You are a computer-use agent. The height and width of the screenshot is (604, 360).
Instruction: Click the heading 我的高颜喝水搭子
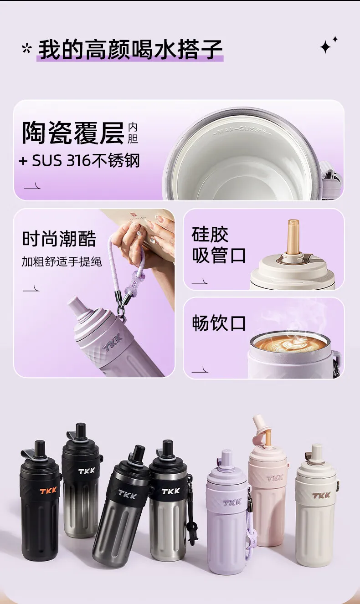click(130, 49)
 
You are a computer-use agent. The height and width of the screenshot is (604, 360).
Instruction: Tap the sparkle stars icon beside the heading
click(328, 45)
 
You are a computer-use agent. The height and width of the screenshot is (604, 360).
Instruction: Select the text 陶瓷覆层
click(73, 133)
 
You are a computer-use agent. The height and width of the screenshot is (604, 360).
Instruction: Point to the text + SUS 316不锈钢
click(79, 160)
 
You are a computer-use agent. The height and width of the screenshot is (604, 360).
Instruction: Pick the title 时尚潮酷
click(59, 239)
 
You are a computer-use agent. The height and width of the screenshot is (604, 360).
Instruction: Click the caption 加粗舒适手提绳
click(62, 261)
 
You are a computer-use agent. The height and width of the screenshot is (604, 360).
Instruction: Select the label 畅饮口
click(219, 323)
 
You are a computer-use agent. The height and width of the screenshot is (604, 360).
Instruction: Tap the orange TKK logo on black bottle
click(48, 491)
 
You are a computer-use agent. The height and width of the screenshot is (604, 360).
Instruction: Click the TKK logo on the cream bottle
click(321, 495)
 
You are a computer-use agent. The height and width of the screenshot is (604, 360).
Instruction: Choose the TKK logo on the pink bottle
click(275, 478)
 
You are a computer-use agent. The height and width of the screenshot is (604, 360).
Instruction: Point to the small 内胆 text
click(133, 133)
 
